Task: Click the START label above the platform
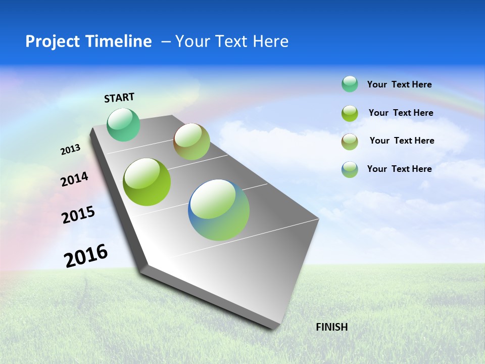tap(119, 98)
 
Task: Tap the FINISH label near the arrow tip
tap(331, 327)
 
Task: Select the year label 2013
tap(71, 150)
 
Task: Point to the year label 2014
tap(75, 179)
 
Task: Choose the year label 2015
tap(78, 215)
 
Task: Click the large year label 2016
tap(86, 256)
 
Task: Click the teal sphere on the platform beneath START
tap(123, 125)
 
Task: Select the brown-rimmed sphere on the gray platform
tap(191, 142)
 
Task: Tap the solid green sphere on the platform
tap(147, 182)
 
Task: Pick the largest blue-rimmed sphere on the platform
tap(219, 210)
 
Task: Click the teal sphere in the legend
tap(350, 84)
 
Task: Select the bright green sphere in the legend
tap(350, 113)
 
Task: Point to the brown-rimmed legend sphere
tap(350, 142)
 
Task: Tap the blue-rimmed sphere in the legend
tap(350, 169)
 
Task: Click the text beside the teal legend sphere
tap(399, 84)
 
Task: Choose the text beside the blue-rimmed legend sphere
tap(399, 169)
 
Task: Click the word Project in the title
tap(51, 41)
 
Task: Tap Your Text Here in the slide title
tap(232, 41)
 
